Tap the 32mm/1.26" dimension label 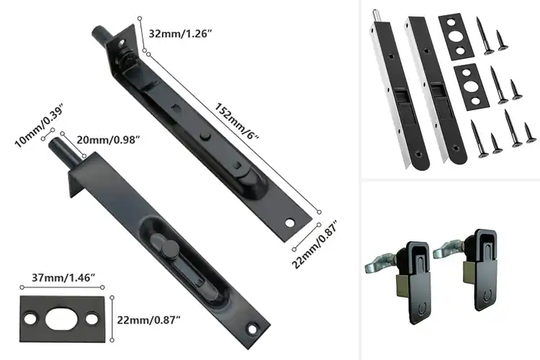189,34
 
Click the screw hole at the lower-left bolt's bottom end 251,329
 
